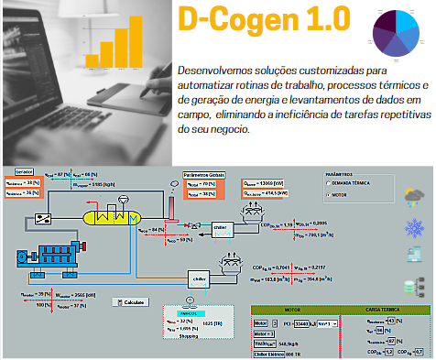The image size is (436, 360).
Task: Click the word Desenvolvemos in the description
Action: coord(215,69)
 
